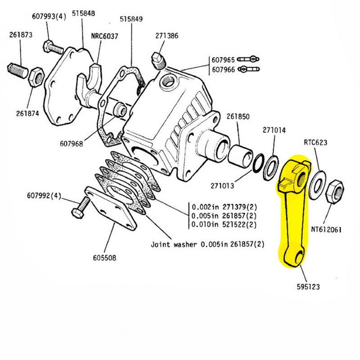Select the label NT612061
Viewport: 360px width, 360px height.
point(326,229)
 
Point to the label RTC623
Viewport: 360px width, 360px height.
point(315,143)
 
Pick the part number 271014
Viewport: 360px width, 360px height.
point(274,130)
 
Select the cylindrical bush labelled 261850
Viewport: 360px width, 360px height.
point(240,154)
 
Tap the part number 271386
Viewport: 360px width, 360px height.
point(167,36)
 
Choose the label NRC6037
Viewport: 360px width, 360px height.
point(104,36)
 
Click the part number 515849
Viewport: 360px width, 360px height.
point(131,19)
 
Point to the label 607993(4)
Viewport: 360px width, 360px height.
point(49,17)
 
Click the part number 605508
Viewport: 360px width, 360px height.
point(104,258)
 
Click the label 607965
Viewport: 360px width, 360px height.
point(223,59)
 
